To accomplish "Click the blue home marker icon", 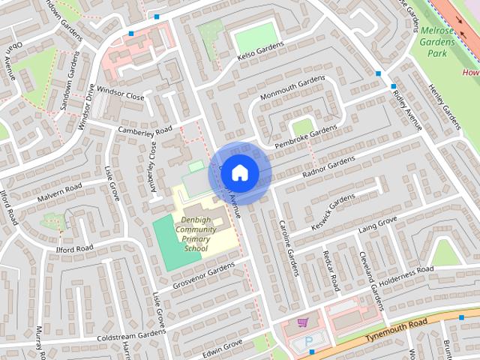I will click(239, 172).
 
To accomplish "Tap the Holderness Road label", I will click(405, 273).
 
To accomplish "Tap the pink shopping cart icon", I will click(302, 323).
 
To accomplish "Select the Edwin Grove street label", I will click(223, 346).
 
